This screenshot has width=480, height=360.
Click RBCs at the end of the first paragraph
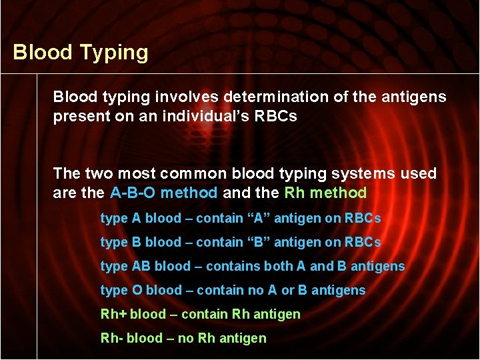click(273, 116)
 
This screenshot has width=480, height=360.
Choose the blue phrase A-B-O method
click(163, 193)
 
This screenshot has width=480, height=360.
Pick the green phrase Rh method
click(325, 193)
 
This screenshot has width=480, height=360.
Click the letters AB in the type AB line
click(141, 266)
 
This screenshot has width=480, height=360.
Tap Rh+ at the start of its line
click(113, 314)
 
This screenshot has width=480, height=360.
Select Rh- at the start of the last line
click(112, 338)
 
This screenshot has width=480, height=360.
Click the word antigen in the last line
click(243, 338)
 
